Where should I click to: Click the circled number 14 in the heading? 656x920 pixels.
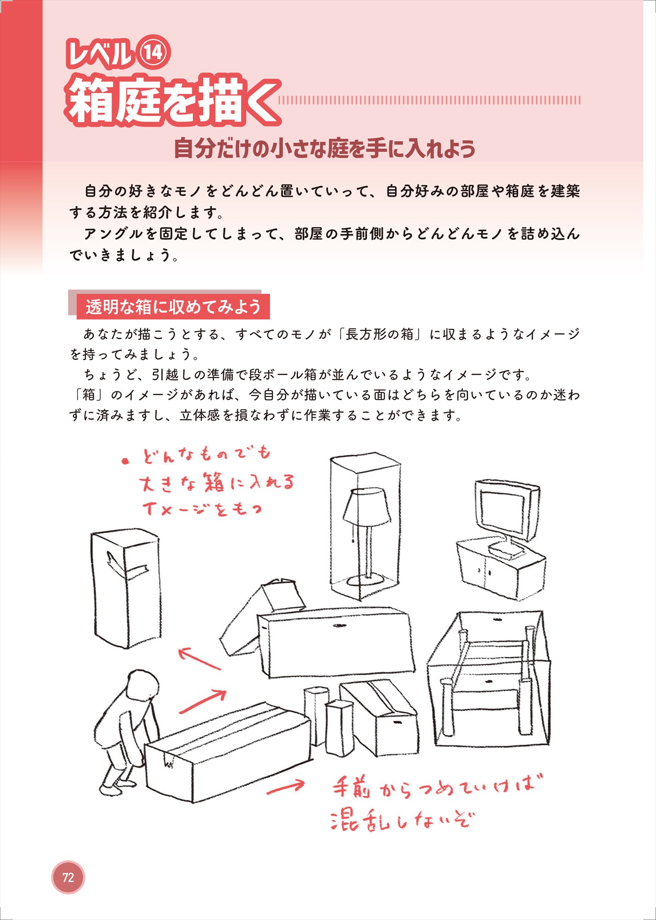coord(153,52)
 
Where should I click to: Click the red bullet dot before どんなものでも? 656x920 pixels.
coord(125,461)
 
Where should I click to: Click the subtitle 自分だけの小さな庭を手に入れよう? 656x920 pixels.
coord(324,148)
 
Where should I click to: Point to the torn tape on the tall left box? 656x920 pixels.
coord(127,568)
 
